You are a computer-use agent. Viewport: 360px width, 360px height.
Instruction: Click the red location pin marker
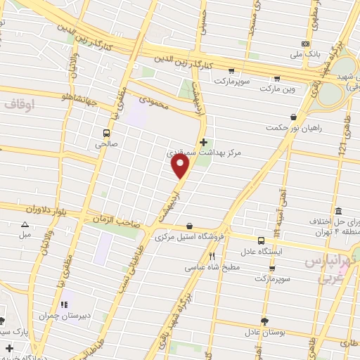pyautogui.click(x=181, y=165)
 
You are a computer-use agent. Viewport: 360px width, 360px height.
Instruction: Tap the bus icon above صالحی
pyautogui.click(x=106, y=132)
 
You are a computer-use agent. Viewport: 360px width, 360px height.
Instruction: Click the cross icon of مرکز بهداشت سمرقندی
pyautogui.click(x=204, y=141)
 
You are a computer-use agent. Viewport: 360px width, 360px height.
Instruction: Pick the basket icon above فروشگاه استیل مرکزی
pyautogui.click(x=190, y=226)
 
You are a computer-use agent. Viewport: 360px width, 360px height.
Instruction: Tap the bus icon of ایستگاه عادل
pyautogui.click(x=261, y=239)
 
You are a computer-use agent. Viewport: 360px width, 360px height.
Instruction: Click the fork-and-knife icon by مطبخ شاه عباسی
pyautogui.click(x=212, y=256)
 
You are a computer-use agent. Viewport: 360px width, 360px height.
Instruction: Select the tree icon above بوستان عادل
pyautogui.click(x=264, y=321)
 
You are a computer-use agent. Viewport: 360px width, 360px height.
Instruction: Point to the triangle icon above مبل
pyautogui.click(x=25, y=224)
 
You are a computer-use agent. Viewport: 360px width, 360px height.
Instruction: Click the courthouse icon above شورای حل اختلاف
pyautogui.click(x=338, y=211)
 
